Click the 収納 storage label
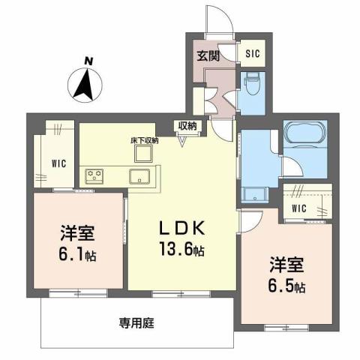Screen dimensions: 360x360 (187, 125)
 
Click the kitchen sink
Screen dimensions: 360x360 (140, 177)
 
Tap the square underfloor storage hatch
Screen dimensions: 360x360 (142, 154)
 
